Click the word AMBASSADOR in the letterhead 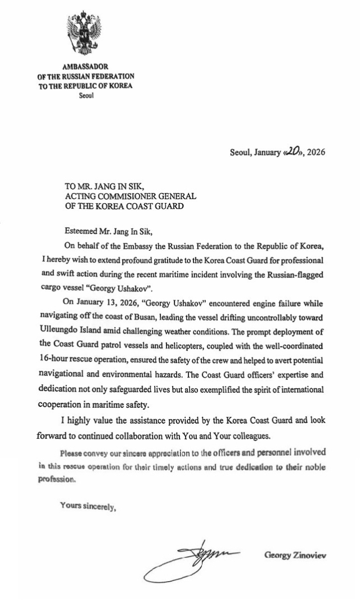(84, 66)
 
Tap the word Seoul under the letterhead (86, 95)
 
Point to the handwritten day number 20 (294, 151)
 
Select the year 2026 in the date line (316, 152)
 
